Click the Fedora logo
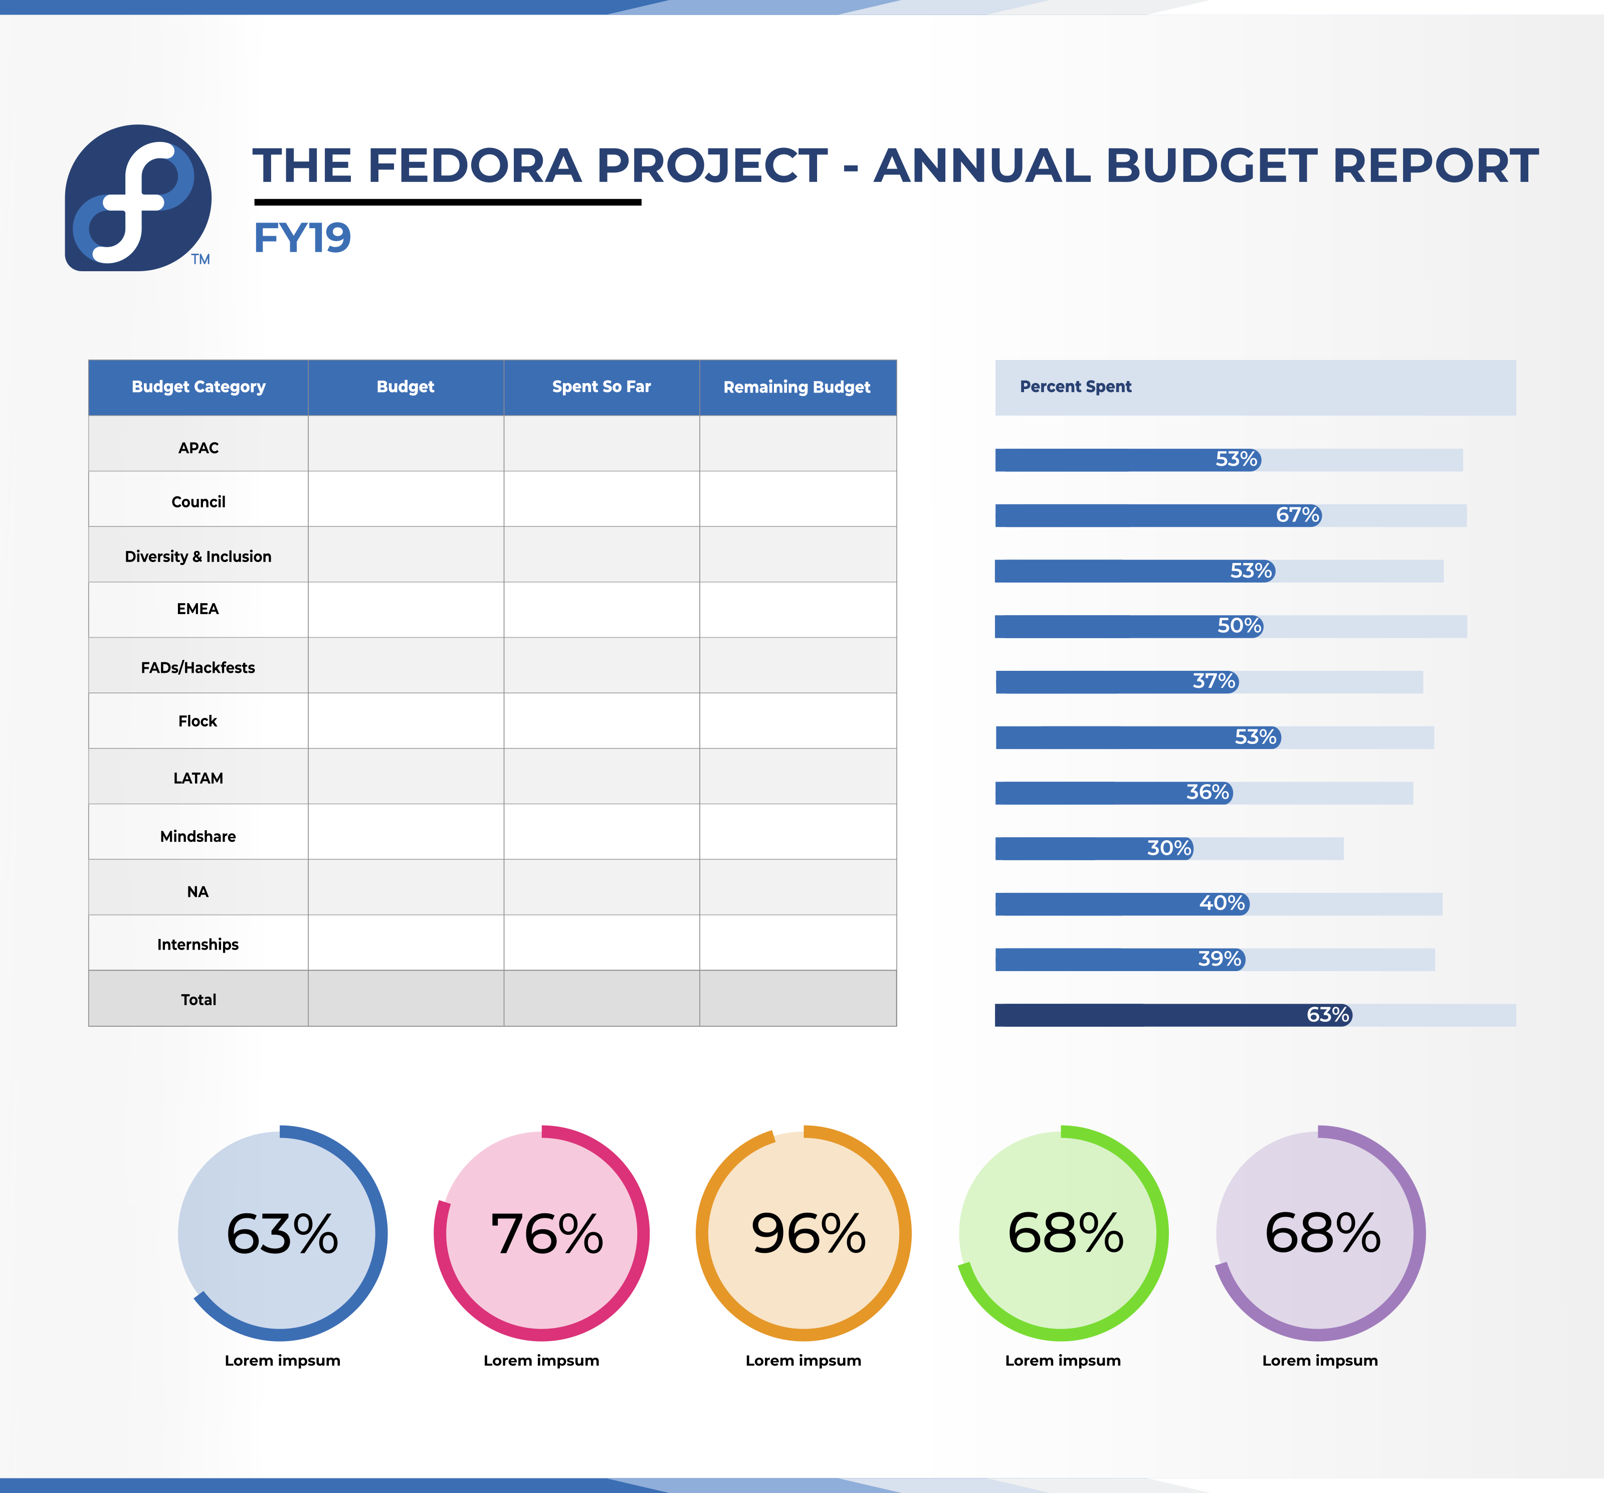(138, 198)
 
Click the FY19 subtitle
(303, 238)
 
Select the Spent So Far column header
(601, 387)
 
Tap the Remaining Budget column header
(797, 387)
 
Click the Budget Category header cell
(198, 387)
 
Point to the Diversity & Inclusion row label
(198, 556)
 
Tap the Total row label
(198, 999)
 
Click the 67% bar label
(1297, 515)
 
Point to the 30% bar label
(1169, 848)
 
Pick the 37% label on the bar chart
(1215, 681)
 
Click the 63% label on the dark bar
(1328, 1014)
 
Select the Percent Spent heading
(1076, 387)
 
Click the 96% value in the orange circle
(809, 1233)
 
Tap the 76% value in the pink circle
(547, 1233)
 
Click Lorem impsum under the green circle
(1063, 1361)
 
